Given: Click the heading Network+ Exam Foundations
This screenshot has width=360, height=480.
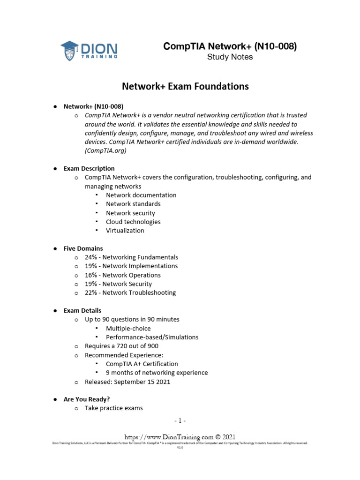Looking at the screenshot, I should click(x=185, y=87).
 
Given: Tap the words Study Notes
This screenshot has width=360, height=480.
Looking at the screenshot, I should click(x=230, y=57).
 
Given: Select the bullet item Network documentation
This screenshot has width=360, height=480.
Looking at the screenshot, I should click(x=141, y=195).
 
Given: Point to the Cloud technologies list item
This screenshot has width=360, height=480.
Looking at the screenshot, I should click(x=133, y=222).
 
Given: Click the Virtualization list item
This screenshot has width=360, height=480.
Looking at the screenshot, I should click(x=125, y=231).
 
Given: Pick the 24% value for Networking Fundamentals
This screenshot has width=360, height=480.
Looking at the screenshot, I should click(x=90, y=257).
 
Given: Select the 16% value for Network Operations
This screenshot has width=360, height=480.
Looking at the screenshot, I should click(x=90, y=275).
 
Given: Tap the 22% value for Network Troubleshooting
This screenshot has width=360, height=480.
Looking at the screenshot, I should click(x=90, y=293).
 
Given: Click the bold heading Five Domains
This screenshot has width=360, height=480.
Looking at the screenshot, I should click(x=83, y=248).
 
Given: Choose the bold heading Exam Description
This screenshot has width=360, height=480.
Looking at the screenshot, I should click(x=89, y=168).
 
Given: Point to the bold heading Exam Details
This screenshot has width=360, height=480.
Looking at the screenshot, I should click(x=82, y=311).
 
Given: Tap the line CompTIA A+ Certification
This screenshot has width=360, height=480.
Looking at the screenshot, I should click(x=142, y=364).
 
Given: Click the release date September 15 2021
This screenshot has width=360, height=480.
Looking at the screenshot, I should click(x=143, y=382).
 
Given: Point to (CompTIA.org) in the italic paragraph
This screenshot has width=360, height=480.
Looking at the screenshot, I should click(x=105, y=151).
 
